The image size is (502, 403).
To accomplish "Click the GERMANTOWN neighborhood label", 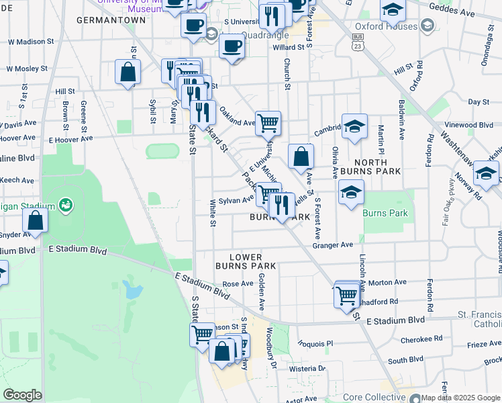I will (x=111, y=20).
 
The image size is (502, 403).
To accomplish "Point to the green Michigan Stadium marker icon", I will (x=65, y=204).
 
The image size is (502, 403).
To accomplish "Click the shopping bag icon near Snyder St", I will (x=34, y=220).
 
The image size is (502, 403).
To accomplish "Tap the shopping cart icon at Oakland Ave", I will (x=268, y=122).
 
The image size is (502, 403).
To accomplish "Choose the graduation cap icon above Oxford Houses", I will (x=393, y=9).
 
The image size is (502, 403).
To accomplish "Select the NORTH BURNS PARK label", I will (x=370, y=167).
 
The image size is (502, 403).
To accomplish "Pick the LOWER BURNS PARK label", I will (x=252, y=261).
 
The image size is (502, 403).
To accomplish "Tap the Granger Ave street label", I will (x=332, y=246).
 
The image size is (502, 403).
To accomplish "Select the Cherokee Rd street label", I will (x=424, y=339).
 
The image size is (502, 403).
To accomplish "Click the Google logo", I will (x=22, y=395).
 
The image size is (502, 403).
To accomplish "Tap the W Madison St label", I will (x=30, y=42).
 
